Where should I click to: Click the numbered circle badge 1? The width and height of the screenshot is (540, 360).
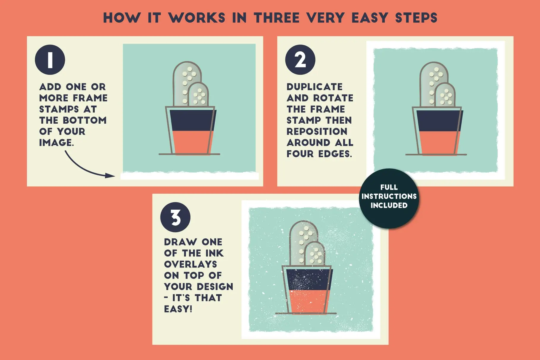click(50, 60)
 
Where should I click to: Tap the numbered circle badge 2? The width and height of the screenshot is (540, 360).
click(300, 60)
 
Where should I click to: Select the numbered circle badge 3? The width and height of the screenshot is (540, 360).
click(175, 217)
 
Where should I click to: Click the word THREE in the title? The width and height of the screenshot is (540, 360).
click(277, 18)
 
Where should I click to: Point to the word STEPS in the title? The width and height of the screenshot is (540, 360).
click(416, 18)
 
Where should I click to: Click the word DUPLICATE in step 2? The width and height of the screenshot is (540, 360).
click(315, 87)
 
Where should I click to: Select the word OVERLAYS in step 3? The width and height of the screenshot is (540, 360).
click(190, 264)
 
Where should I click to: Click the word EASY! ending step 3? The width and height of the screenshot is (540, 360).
click(178, 309)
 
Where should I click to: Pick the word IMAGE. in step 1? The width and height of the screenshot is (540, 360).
click(56, 143)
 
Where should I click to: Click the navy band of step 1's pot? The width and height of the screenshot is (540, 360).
click(192, 120)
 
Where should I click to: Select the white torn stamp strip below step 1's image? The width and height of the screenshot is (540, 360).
click(190, 176)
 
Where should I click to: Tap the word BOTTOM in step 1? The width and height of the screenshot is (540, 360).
click(85, 120)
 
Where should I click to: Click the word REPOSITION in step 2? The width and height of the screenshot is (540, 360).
click(317, 132)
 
